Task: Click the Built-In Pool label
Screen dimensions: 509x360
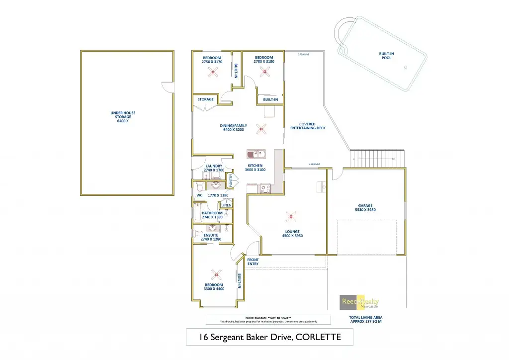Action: pyautogui.click(x=386, y=56)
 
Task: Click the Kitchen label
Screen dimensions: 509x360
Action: pyautogui.click(x=255, y=166)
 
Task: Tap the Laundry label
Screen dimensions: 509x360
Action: pyautogui.click(x=214, y=166)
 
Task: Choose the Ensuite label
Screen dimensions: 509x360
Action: pyautogui.click(x=211, y=235)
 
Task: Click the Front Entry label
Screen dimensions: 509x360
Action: pyautogui.click(x=253, y=262)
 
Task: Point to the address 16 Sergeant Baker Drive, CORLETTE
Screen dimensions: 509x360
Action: pyautogui.click(x=269, y=337)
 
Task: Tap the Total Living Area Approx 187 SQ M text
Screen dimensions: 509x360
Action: pyautogui.click(x=366, y=319)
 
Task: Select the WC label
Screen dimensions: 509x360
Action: pyautogui.click(x=199, y=195)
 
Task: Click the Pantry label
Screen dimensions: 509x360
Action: pyautogui.click(x=231, y=179)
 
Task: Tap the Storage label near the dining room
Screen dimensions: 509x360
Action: pyautogui.click(x=205, y=99)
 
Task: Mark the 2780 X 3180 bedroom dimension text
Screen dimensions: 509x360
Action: pyautogui.click(x=263, y=62)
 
